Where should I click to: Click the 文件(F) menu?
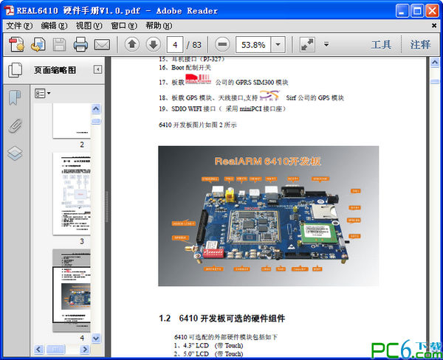pyautogui.click(x=20, y=25)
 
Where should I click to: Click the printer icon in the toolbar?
pyautogui.click(x=80, y=44)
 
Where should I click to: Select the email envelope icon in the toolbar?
pyautogui.click(x=102, y=44)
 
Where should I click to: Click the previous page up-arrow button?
pyautogui.click(x=131, y=44)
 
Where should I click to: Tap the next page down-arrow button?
pyautogui.click(x=153, y=44)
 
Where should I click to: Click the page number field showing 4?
pyautogui.click(x=176, y=44)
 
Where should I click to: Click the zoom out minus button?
pyautogui.click(x=221, y=44)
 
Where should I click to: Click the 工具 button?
pyautogui.click(x=381, y=44)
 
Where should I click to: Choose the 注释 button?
pyautogui.click(x=420, y=44)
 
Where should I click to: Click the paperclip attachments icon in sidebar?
pyautogui.click(x=15, y=125)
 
